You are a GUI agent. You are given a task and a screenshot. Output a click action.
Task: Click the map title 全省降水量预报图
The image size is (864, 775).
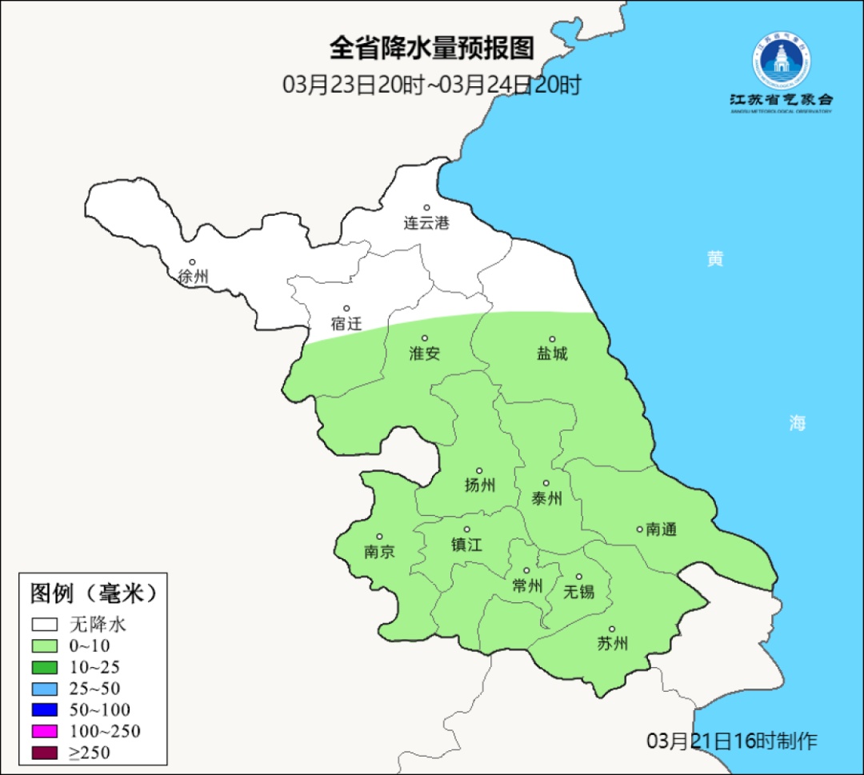pos(431,49)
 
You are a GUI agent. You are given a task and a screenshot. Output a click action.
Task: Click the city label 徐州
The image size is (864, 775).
pos(194,277)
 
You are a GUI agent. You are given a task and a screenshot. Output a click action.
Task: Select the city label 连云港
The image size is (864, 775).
pos(426,223)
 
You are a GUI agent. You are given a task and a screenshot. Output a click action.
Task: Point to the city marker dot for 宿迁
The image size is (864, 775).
pos(346,309)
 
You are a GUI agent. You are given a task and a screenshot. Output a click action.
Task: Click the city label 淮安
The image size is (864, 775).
pos(425,354)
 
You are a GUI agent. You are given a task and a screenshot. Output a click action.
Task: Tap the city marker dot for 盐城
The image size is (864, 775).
pos(551,339)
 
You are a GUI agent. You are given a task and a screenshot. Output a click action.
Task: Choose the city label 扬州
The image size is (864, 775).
pos(480,485)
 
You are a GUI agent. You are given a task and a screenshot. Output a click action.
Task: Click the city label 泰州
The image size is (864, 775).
pos(546,498)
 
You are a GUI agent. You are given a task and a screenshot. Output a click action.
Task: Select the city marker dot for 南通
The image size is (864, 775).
pos(639,529)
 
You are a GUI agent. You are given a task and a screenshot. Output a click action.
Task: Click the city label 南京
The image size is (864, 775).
pos(379,552)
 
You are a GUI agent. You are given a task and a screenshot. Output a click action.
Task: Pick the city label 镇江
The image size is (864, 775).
pos(467,544)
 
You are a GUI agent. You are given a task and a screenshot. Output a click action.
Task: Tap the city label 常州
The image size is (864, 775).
pos(527,585)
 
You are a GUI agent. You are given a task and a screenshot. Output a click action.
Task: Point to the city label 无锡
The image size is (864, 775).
pos(579,591)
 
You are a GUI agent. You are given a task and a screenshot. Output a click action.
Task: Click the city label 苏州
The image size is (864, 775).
pos(613,643)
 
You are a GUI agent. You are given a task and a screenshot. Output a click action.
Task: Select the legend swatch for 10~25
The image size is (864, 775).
pos(45,667)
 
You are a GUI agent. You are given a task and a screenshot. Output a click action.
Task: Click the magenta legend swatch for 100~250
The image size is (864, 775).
pos(45,731)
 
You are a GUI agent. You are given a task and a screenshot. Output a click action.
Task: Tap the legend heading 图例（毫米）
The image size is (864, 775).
pos(92,593)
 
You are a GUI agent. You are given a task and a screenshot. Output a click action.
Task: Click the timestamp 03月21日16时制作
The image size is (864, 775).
pos(732,741)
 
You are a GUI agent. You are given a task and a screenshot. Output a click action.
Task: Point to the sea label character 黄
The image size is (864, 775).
pos(715,258)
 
